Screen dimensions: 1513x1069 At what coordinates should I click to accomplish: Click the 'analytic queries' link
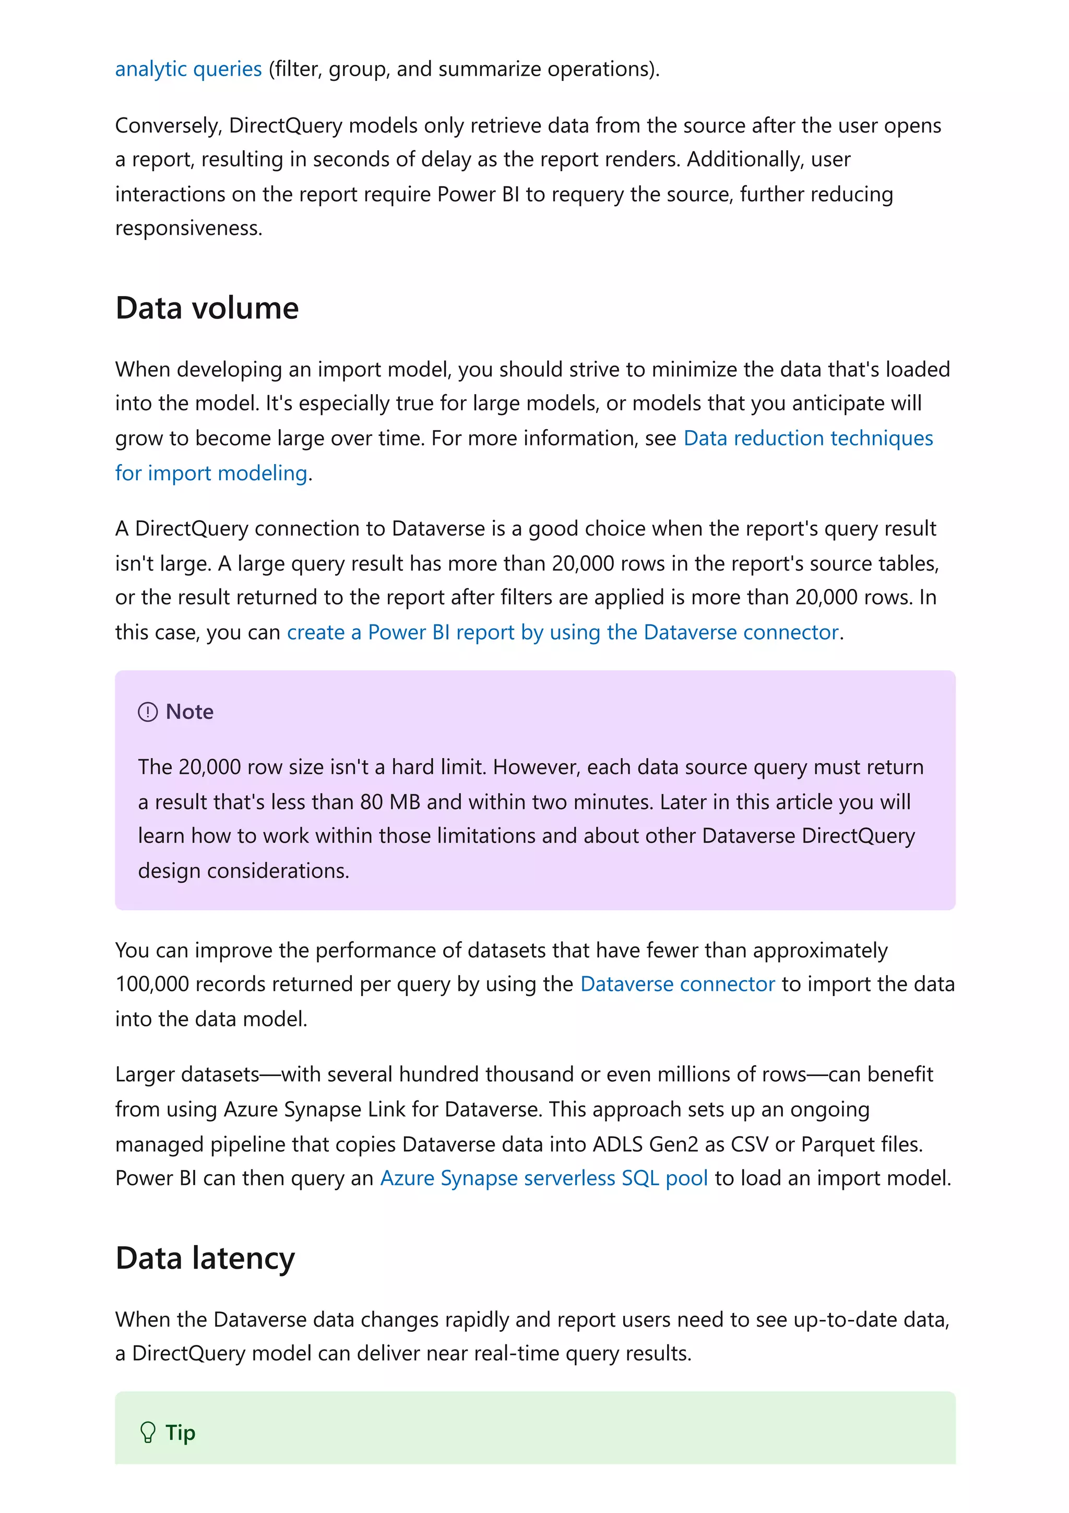click(188, 68)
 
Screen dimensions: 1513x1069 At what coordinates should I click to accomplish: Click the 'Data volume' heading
click(207, 308)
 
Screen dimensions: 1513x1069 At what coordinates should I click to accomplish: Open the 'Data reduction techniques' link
click(807, 438)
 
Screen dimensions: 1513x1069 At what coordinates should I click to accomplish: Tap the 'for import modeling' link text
click(211, 472)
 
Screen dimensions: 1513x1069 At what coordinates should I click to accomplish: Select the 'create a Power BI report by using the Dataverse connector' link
click(563, 631)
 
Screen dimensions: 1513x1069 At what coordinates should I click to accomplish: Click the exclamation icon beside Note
click(148, 712)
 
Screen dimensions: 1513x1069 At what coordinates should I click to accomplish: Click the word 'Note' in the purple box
click(189, 712)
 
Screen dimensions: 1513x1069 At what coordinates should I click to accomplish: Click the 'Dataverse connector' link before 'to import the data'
click(677, 984)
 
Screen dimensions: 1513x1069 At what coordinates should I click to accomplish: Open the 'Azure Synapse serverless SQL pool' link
click(544, 1178)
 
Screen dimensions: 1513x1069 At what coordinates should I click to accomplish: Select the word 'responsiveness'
click(188, 228)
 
